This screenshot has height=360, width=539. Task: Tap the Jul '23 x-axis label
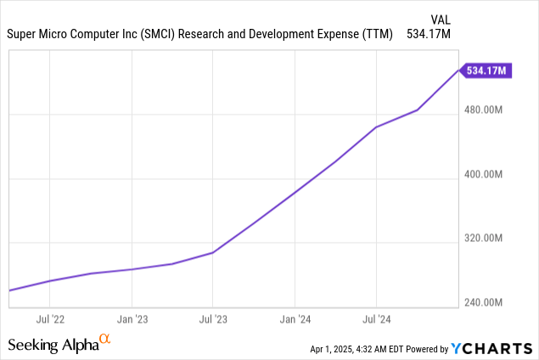(x=213, y=320)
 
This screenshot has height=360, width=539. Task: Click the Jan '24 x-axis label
(x=295, y=320)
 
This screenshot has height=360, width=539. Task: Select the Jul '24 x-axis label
(x=376, y=320)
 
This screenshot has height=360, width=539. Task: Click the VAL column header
(x=441, y=18)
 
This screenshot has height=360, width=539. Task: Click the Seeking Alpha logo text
(x=52, y=345)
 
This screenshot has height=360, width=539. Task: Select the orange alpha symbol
(x=105, y=340)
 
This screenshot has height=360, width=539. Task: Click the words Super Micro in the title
(x=34, y=36)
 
